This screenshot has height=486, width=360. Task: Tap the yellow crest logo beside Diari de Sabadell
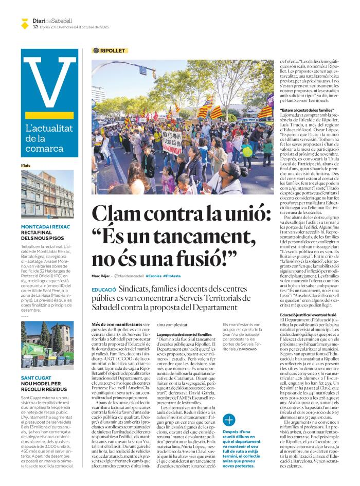coord(25,23)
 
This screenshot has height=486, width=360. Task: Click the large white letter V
coord(50,82)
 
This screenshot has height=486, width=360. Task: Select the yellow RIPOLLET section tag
coord(110,50)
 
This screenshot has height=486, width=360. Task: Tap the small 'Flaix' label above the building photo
coord(25,166)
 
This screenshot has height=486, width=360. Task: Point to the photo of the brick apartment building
coord(47,194)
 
